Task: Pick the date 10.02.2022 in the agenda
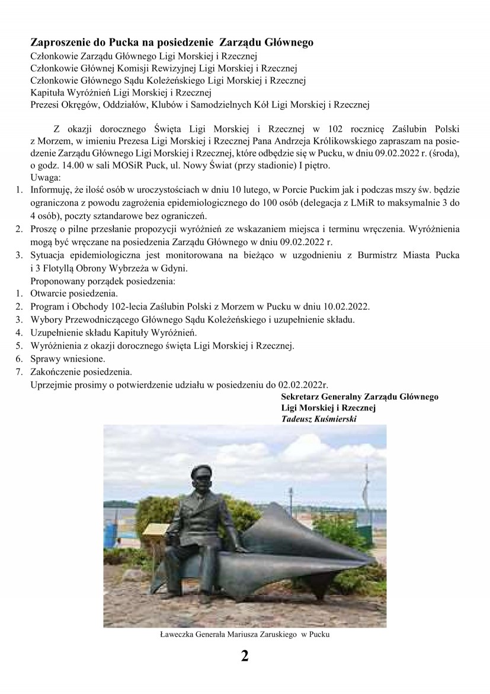[x=346, y=307]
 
